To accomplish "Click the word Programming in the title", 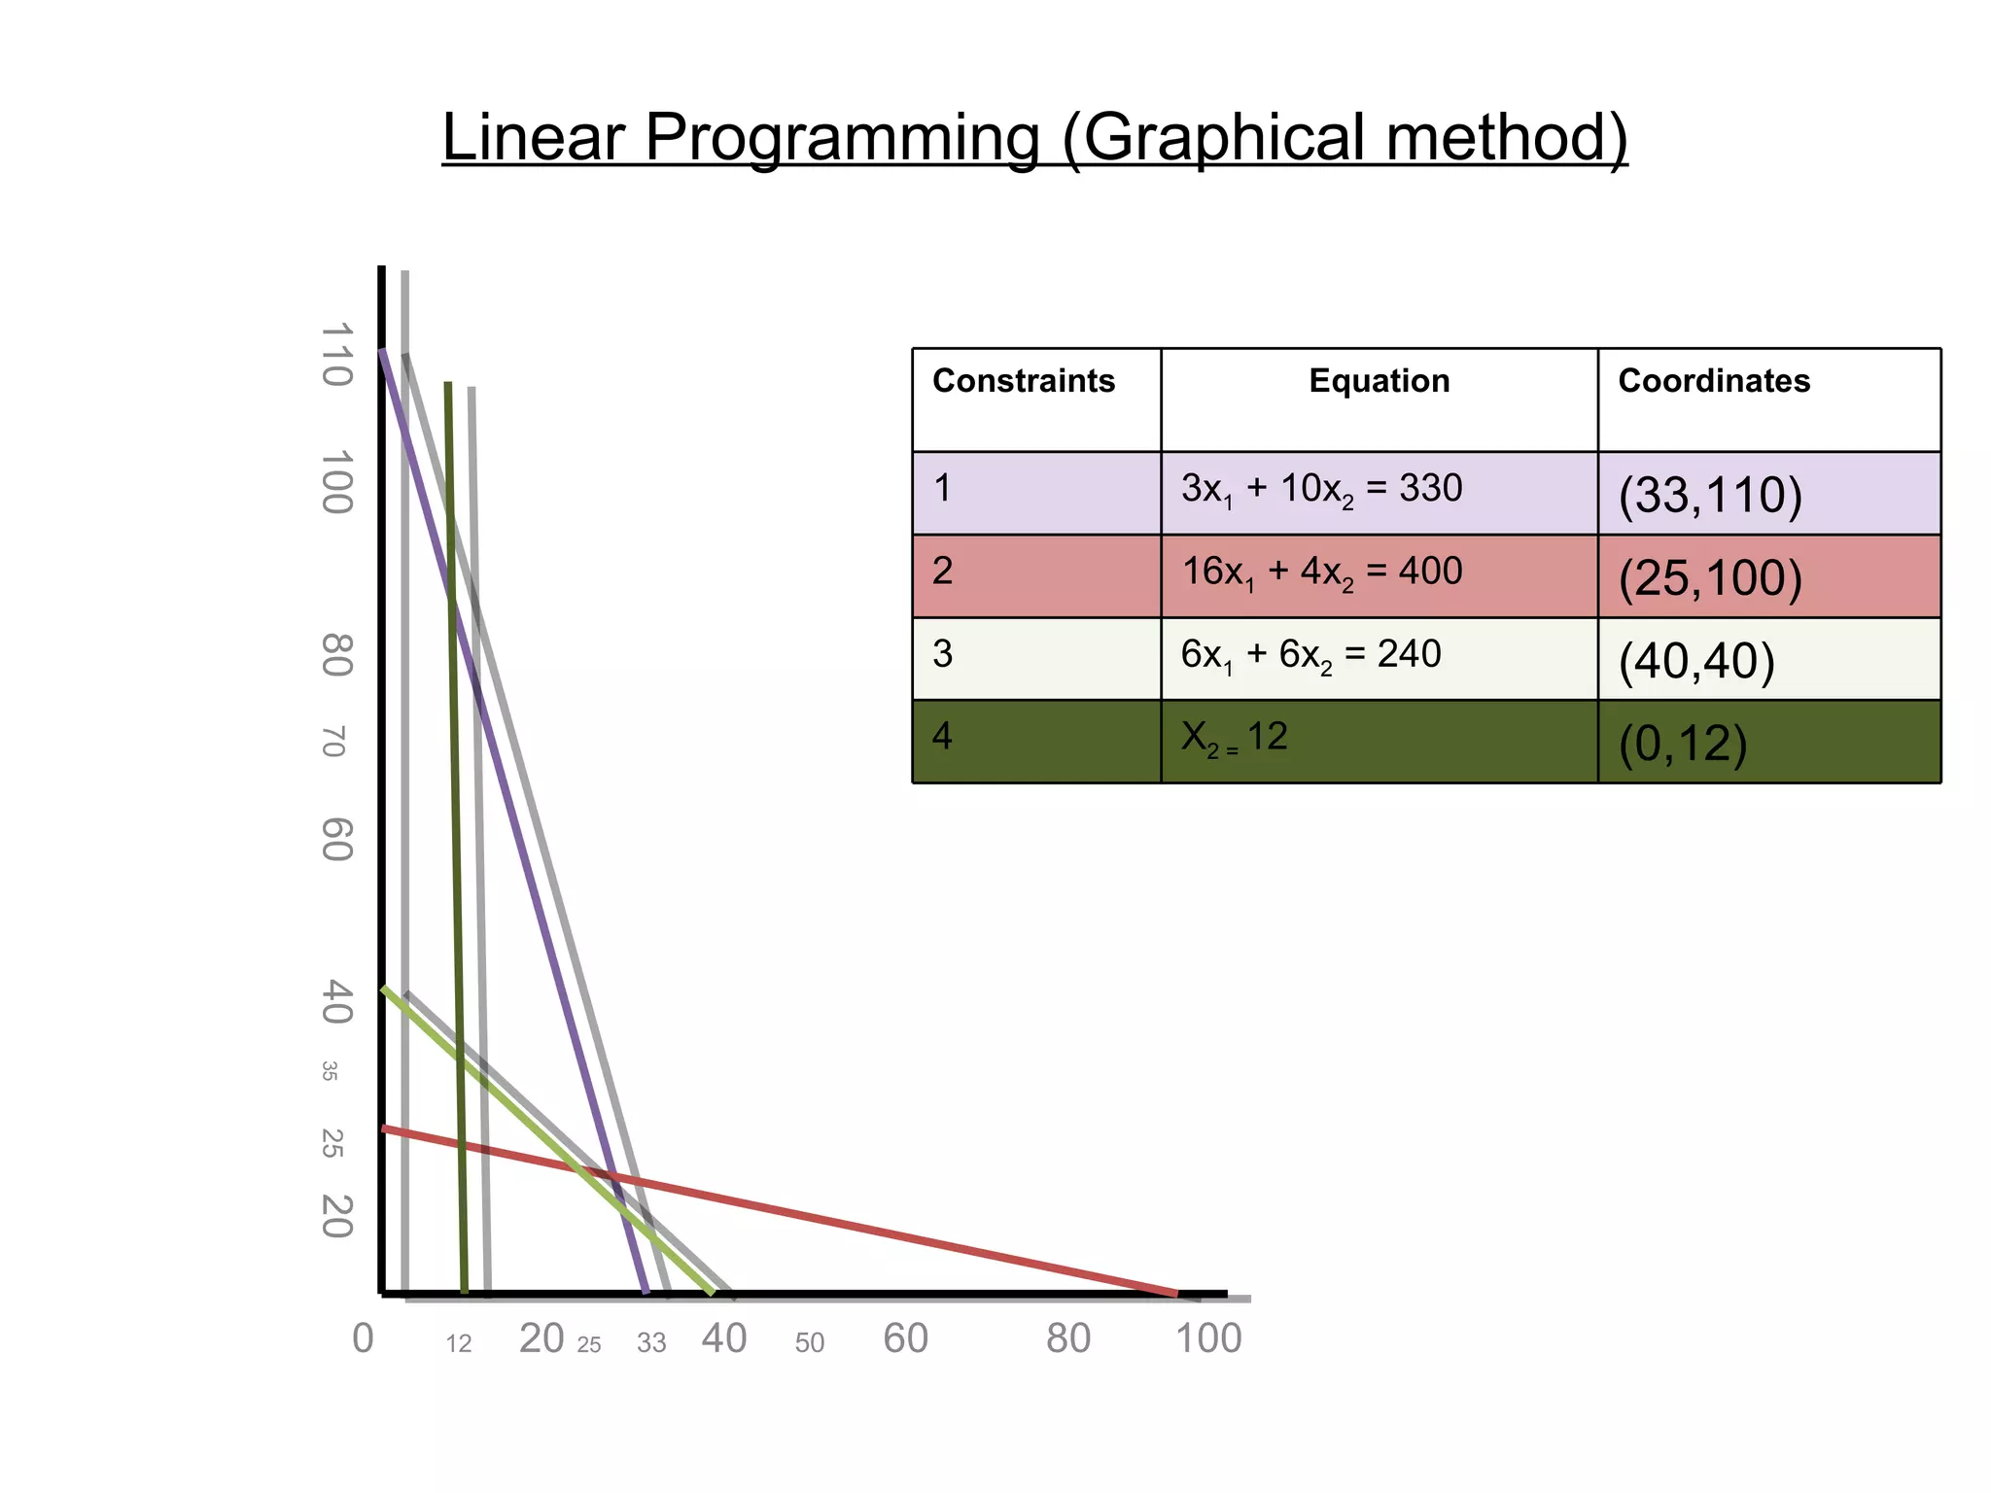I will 842,138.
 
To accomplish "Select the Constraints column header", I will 1023,381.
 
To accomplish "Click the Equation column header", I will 1379,381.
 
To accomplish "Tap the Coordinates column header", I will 1713,381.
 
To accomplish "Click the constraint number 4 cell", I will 1036,739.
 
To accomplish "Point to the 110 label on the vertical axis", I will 336,355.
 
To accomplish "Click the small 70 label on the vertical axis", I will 332,741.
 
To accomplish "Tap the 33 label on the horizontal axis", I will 651,1343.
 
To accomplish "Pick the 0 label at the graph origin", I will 363,1339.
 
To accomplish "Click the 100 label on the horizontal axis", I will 1208,1339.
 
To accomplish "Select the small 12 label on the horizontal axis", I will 459,1344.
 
